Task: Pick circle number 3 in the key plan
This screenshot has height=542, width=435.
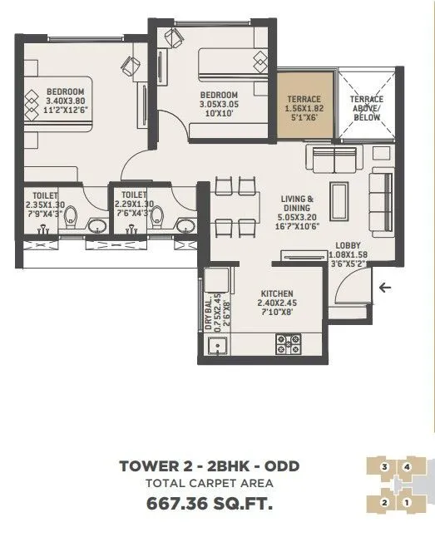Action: point(384,467)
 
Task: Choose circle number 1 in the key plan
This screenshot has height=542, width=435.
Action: point(406,502)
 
